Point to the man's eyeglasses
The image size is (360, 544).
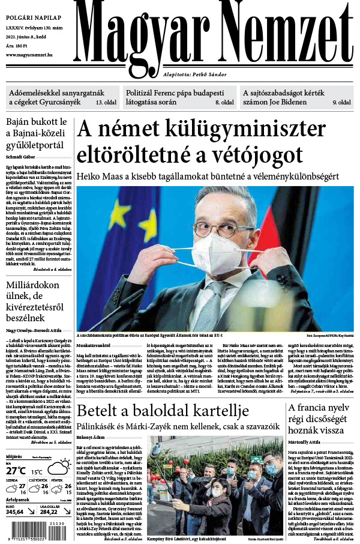tap(223, 228)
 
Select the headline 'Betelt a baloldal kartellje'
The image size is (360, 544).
tap(163, 394)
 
